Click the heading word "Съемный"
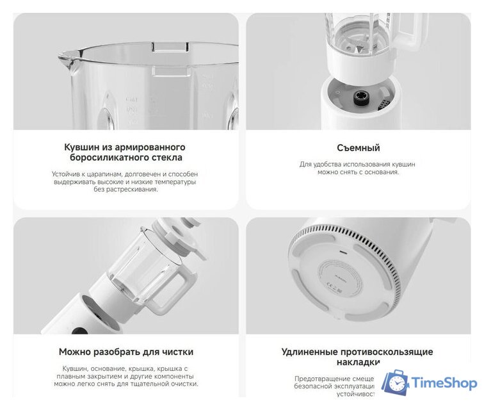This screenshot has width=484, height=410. (358, 148)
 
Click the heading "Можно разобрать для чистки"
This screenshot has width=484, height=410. (125, 352)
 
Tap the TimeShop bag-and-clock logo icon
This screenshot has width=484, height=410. (395, 382)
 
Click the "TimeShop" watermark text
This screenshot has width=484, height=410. (444, 383)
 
